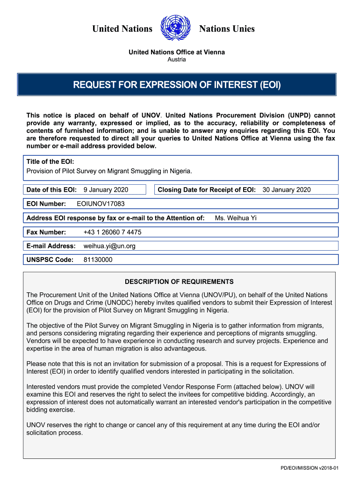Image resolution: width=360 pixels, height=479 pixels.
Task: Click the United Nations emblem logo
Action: pos(176,29)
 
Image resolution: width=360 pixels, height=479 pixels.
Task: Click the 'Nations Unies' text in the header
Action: pos(227,29)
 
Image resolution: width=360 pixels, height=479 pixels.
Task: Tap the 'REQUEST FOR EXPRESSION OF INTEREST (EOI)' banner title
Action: pos(177,85)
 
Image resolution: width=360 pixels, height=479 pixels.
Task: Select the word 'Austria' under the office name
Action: pos(177,59)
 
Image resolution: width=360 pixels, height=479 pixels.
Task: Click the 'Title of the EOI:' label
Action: pos(50,162)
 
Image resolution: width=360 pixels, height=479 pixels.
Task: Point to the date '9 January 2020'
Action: pos(106,189)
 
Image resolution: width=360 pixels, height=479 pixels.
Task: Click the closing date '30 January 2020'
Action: pos(286,189)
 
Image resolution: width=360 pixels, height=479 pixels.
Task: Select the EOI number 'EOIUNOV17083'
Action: pos(101,204)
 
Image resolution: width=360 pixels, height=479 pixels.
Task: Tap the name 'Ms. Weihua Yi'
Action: pos(236,218)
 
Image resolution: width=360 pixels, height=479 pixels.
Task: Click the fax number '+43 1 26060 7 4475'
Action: pos(112,232)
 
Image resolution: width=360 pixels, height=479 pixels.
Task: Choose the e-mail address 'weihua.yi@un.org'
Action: pos(109,246)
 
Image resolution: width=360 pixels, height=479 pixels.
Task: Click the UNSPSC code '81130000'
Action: pos(98,260)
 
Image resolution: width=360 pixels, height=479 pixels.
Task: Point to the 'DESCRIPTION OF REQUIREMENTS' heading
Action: pos(179,282)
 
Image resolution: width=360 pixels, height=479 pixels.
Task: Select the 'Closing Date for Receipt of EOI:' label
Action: pos(207,189)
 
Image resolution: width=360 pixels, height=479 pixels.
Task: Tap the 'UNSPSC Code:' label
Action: pos(50,260)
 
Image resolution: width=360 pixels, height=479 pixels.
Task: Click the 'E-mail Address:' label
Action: pos(51,246)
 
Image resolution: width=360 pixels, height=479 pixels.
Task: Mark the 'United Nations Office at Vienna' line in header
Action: pos(177,52)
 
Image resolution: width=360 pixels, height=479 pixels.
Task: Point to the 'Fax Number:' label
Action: pos(46,232)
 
